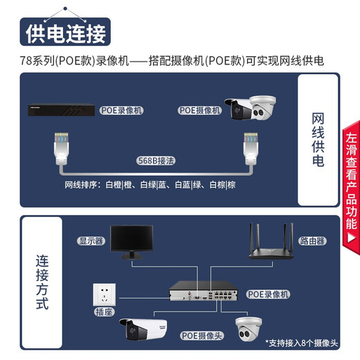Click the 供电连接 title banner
[x=66, y=33]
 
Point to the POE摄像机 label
[x=199, y=110]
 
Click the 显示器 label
[x=90, y=241]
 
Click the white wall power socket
[x=107, y=294]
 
